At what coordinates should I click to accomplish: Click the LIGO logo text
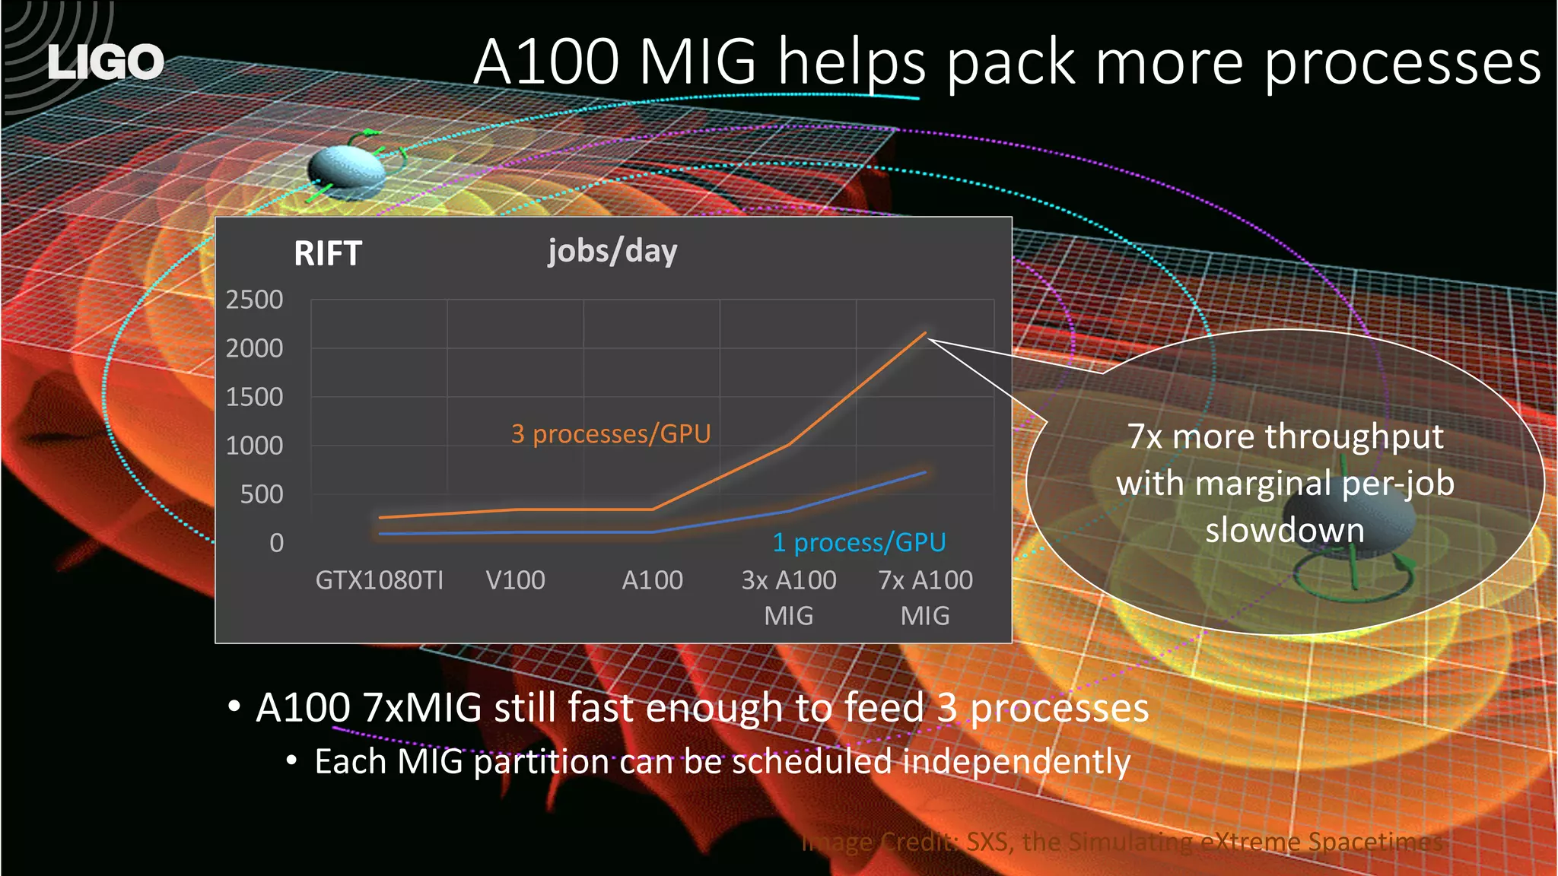tap(105, 62)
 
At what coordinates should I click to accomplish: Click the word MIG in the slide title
tap(698, 62)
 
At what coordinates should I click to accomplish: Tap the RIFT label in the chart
tap(327, 253)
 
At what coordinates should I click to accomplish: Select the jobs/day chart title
tap(612, 251)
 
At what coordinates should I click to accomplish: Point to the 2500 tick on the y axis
tap(254, 300)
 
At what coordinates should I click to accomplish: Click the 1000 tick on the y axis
tap(254, 446)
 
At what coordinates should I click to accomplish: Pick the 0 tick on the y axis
tap(276, 543)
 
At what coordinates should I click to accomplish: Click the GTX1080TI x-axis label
tap(379, 580)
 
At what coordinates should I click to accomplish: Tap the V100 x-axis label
tap(515, 580)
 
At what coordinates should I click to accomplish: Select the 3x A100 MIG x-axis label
tap(788, 597)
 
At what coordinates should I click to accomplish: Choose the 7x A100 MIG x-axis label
tap(925, 597)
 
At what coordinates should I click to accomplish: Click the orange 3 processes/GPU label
tap(610, 433)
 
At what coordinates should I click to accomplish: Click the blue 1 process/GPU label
tap(859, 542)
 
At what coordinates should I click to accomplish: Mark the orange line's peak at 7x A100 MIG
tap(924, 333)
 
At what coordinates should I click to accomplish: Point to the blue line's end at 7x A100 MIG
tap(924, 472)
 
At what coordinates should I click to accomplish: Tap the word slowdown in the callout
tap(1285, 530)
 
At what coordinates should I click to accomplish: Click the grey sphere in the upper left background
tap(348, 173)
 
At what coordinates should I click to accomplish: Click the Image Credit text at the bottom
tap(1122, 842)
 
